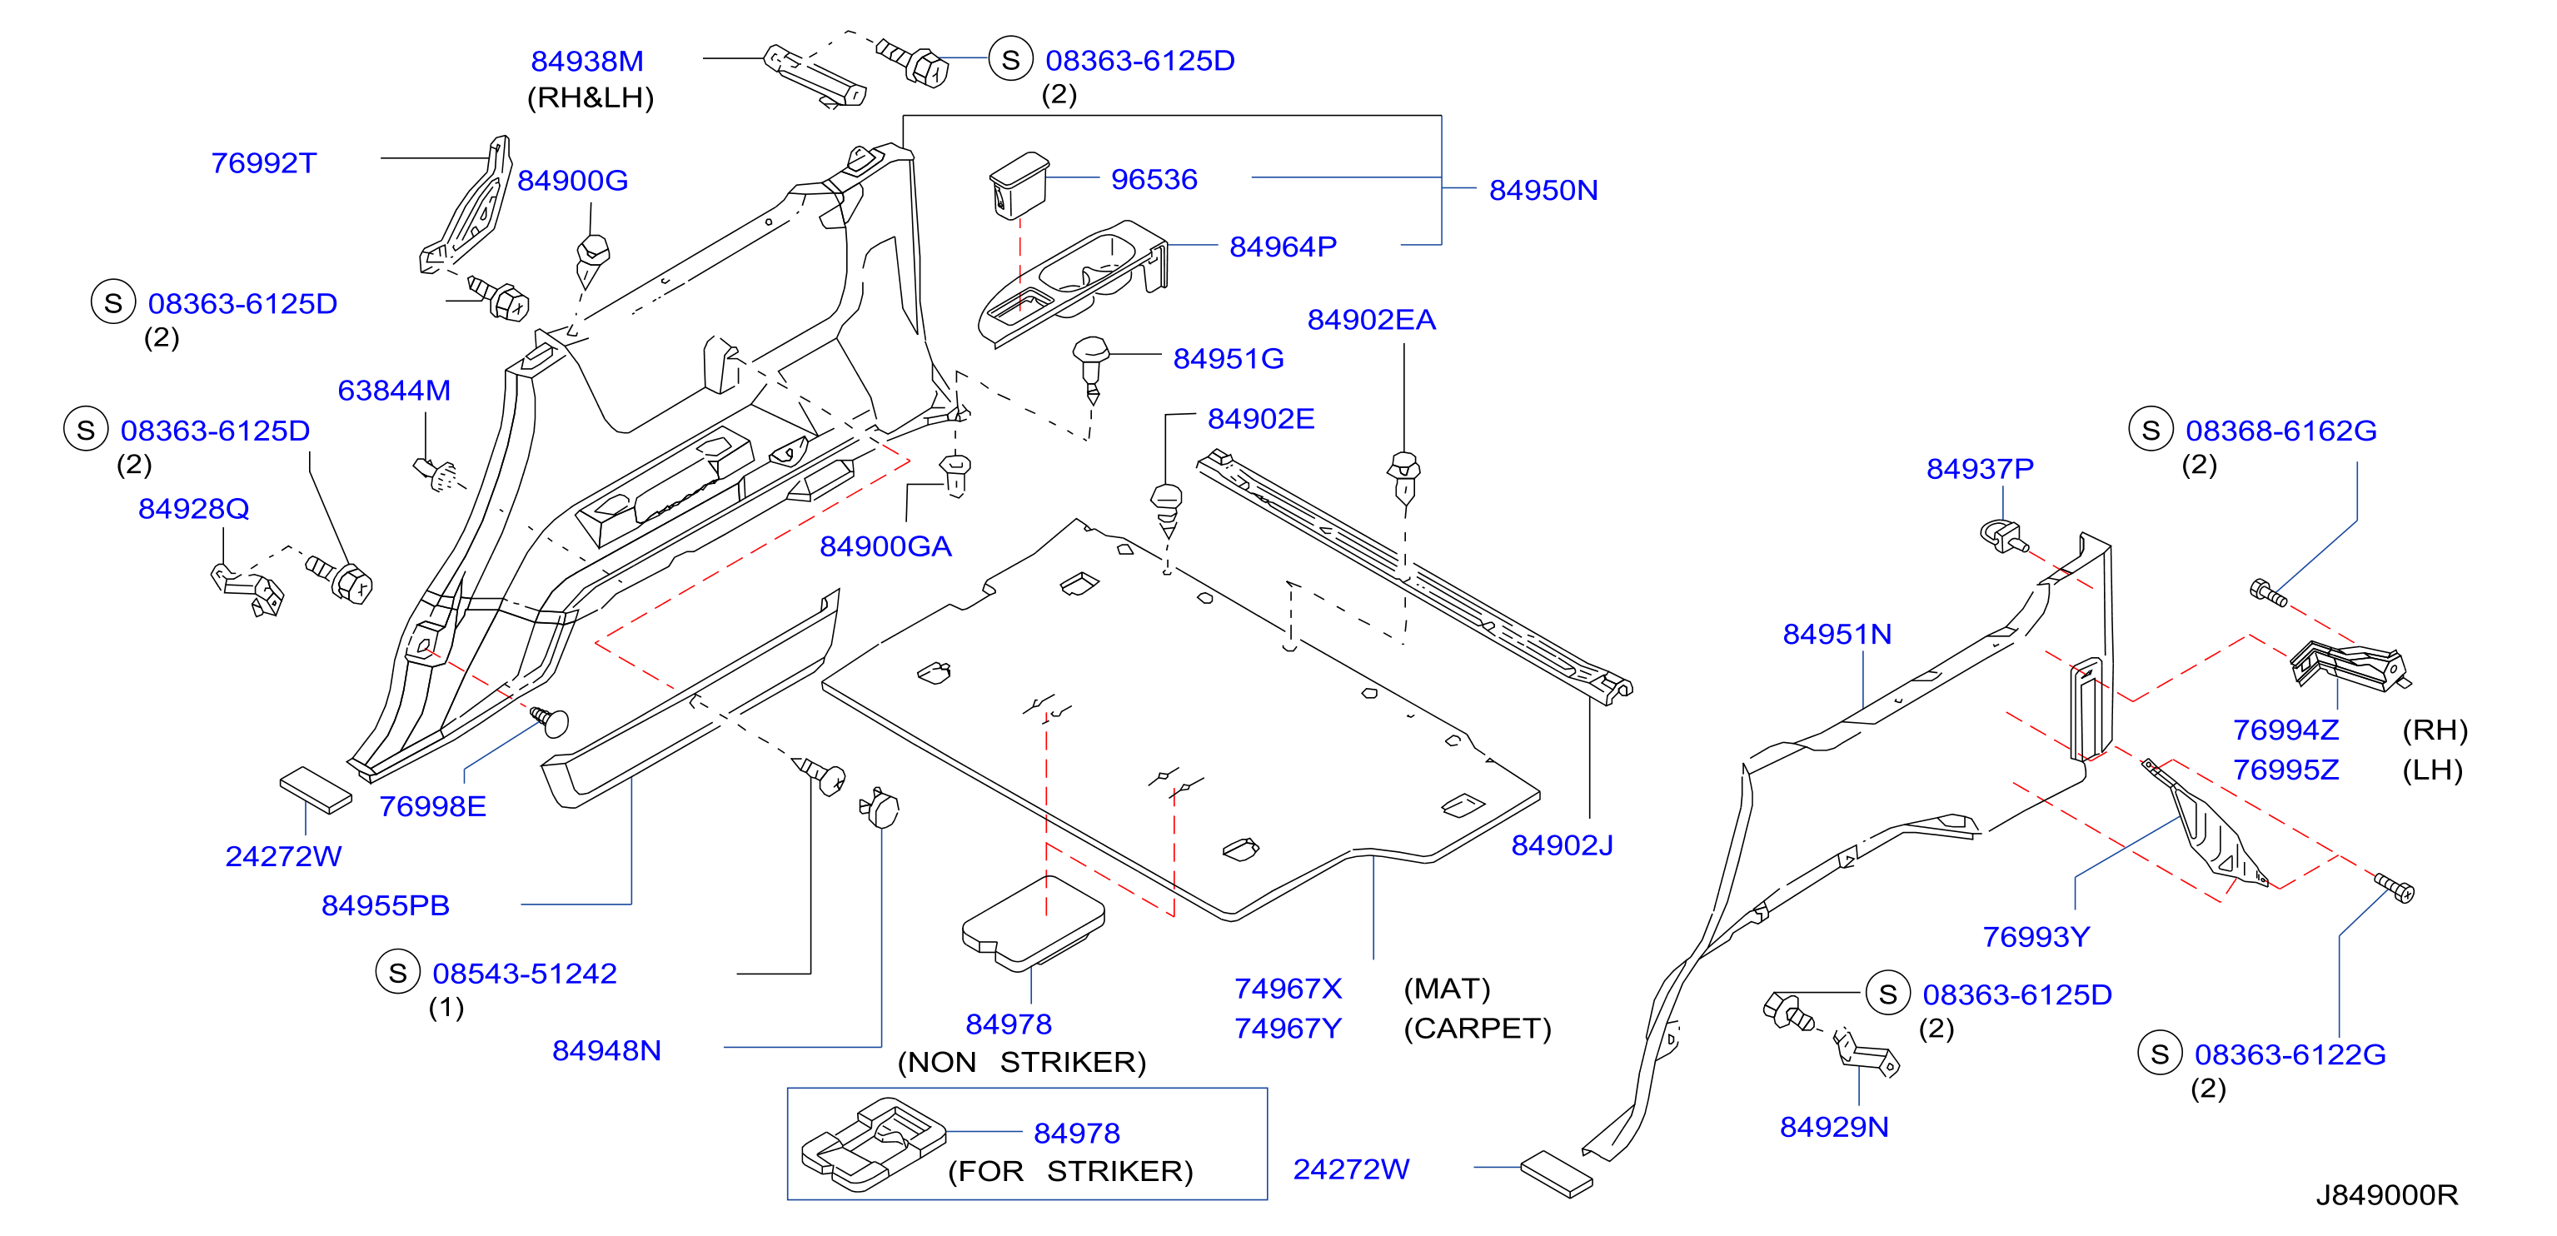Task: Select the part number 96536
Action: pyautogui.click(x=1154, y=180)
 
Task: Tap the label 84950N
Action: pyautogui.click(x=1543, y=191)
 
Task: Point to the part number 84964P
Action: pyautogui.click(x=1283, y=247)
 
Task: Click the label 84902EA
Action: pyautogui.click(x=1371, y=321)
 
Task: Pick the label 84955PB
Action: pyautogui.click(x=385, y=906)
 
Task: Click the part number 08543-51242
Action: pyautogui.click(x=524, y=974)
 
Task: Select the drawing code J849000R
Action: pyautogui.click(x=2387, y=1195)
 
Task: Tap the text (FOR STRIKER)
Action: pyautogui.click(x=1070, y=1173)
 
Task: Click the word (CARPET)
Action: pyautogui.click(x=1477, y=1029)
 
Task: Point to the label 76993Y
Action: pyautogui.click(x=2036, y=938)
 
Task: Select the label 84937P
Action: pyautogui.click(x=1981, y=470)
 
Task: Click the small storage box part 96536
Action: pyautogui.click(x=1019, y=185)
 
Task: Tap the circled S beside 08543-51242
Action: pyautogui.click(x=397, y=973)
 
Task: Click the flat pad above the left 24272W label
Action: pyautogui.click(x=316, y=790)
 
